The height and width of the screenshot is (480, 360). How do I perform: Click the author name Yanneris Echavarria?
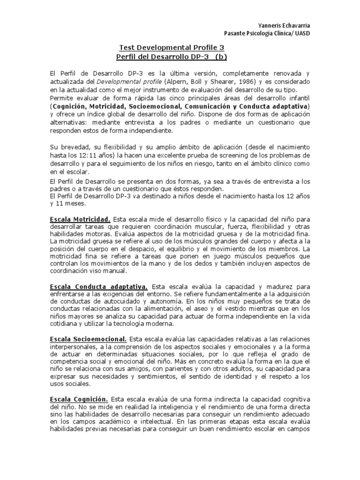tap(284, 25)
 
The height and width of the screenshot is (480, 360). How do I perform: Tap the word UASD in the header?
tap(301, 33)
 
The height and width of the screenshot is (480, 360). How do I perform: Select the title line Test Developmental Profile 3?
tap(172, 47)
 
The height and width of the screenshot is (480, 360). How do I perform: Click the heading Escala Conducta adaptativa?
tap(99, 286)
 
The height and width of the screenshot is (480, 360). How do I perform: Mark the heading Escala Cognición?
tap(79, 399)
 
